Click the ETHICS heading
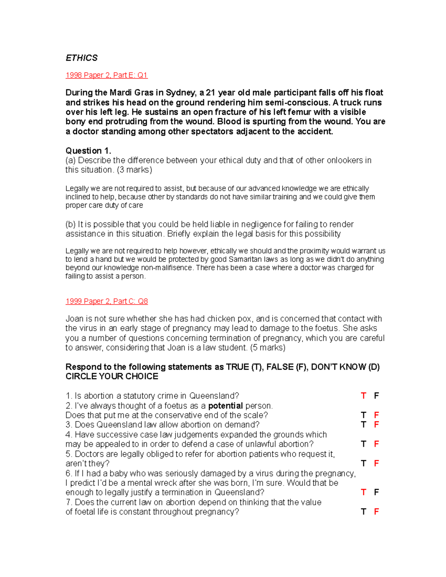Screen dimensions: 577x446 point(81,58)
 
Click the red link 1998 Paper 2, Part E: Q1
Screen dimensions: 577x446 point(106,75)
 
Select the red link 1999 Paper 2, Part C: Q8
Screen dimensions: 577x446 point(106,301)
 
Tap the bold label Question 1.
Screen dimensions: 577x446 point(88,151)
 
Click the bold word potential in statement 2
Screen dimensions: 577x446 point(225,406)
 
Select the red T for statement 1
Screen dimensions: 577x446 point(363,396)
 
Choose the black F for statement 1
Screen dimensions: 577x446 point(376,396)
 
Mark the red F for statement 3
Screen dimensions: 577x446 point(376,425)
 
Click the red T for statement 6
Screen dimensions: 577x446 point(363,493)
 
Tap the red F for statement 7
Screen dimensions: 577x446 point(376,512)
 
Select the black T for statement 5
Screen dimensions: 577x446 point(363,464)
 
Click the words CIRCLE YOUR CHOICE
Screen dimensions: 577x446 point(112,377)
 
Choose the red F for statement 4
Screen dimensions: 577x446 point(376,444)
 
